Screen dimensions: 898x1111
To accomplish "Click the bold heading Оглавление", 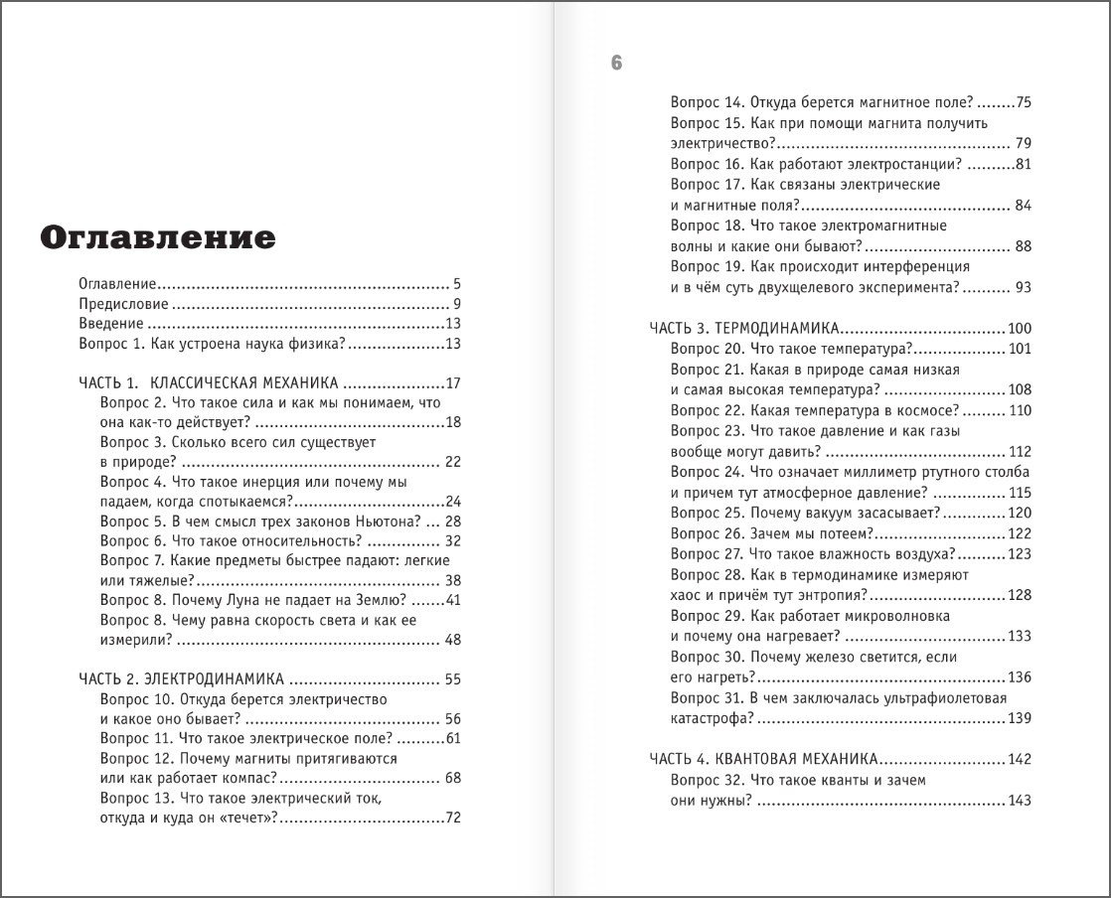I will (x=157, y=238).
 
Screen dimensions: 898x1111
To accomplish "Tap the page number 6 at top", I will (x=616, y=64).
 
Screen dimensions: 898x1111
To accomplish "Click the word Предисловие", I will (x=123, y=304).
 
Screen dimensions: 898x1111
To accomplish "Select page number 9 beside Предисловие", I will (x=456, y=304).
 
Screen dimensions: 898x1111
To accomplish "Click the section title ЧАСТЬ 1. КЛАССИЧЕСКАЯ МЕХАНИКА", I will (x=209, y=382).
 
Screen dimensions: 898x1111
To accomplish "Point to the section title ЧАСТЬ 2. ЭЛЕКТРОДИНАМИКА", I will (x=181, y=679).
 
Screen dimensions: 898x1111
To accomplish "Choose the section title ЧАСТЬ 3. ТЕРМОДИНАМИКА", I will (x=745, y=328).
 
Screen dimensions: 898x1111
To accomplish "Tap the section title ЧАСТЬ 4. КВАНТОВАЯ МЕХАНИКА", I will (x=763, y=759).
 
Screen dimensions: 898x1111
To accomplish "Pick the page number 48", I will (x=453, y=640).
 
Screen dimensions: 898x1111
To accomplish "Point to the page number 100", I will (x=1020, y=328).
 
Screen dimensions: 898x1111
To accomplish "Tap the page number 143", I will (x=1020, y=801).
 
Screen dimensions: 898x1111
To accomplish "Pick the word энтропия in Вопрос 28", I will (x=833, y=594).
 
